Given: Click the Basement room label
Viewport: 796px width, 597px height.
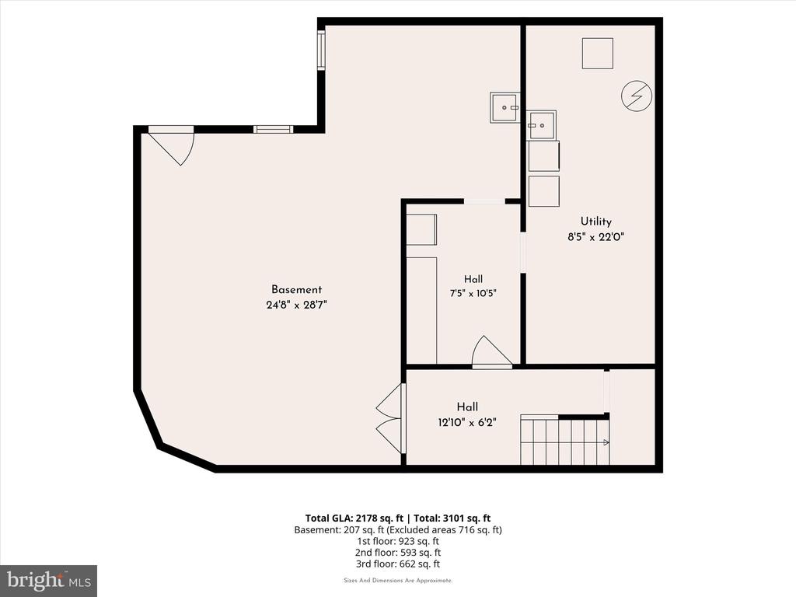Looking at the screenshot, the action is click(x=296, y=289).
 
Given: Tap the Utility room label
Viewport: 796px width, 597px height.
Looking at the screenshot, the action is click(x=596, y=222).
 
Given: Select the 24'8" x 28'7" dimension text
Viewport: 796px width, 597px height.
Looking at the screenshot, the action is click(x=296, y=305).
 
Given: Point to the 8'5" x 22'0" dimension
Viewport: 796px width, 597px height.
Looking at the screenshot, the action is click(x=595, y=236).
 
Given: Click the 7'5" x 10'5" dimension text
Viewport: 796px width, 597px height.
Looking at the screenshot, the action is click(x=473, y=293).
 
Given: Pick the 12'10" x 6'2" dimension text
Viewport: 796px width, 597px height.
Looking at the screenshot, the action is click(x=467, y=422).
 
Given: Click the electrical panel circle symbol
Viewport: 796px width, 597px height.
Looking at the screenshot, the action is click(x=637, y=95).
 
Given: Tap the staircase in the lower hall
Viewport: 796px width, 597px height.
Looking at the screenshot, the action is click(x=565, y=440).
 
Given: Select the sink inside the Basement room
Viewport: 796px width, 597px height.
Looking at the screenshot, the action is click(x=505, y=107).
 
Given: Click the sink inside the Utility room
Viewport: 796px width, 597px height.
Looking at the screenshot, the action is click(x=541, y=125).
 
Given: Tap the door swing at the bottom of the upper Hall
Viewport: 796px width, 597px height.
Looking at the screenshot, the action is click(x=492, y=351).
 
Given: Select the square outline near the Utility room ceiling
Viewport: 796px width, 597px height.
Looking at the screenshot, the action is click(x=598, y=54).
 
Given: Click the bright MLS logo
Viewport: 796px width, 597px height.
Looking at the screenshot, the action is click(x=49, y=581).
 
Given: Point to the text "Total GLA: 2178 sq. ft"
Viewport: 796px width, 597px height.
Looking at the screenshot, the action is click(x=354, y=518).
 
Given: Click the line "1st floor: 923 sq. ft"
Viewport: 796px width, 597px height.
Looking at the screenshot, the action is click(x=398, y=541).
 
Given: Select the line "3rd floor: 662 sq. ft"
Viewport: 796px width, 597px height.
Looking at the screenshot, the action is click(x=398, y=564).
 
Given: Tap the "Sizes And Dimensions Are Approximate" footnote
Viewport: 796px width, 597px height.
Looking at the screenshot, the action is click(x=398, y=580).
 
